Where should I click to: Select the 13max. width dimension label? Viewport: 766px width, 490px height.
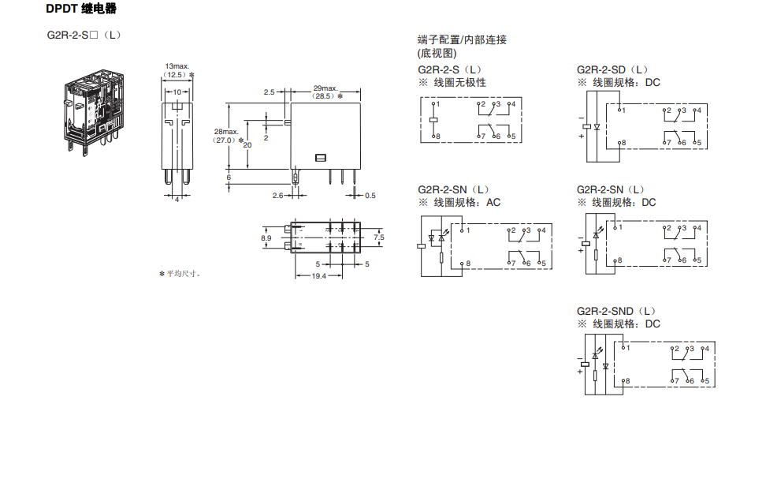tap(177, 65)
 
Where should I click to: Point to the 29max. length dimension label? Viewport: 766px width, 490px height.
tap(325, 88)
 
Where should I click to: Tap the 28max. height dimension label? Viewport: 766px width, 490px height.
tap(225, 131)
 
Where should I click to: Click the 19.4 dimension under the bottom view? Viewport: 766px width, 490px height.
tap(318, 276)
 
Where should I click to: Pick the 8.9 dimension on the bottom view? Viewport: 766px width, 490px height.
tap(266, 237)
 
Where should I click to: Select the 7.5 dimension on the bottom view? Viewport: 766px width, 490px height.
tap(379, 237)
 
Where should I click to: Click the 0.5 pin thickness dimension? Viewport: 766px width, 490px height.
tap(370, 195)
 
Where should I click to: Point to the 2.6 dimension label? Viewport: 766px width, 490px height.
tap(277, 195)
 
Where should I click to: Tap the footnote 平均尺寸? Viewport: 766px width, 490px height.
tap(183, 274)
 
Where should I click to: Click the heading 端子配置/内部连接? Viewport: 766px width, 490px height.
tap(462, 39)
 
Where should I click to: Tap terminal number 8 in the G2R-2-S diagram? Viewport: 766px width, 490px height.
tap(437, 137)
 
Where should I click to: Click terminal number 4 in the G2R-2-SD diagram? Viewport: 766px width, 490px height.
tap(699, 110)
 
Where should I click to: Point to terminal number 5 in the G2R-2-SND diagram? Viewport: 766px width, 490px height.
tap(707, 381)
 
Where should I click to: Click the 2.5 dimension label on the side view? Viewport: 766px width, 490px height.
tap(269, 92)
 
